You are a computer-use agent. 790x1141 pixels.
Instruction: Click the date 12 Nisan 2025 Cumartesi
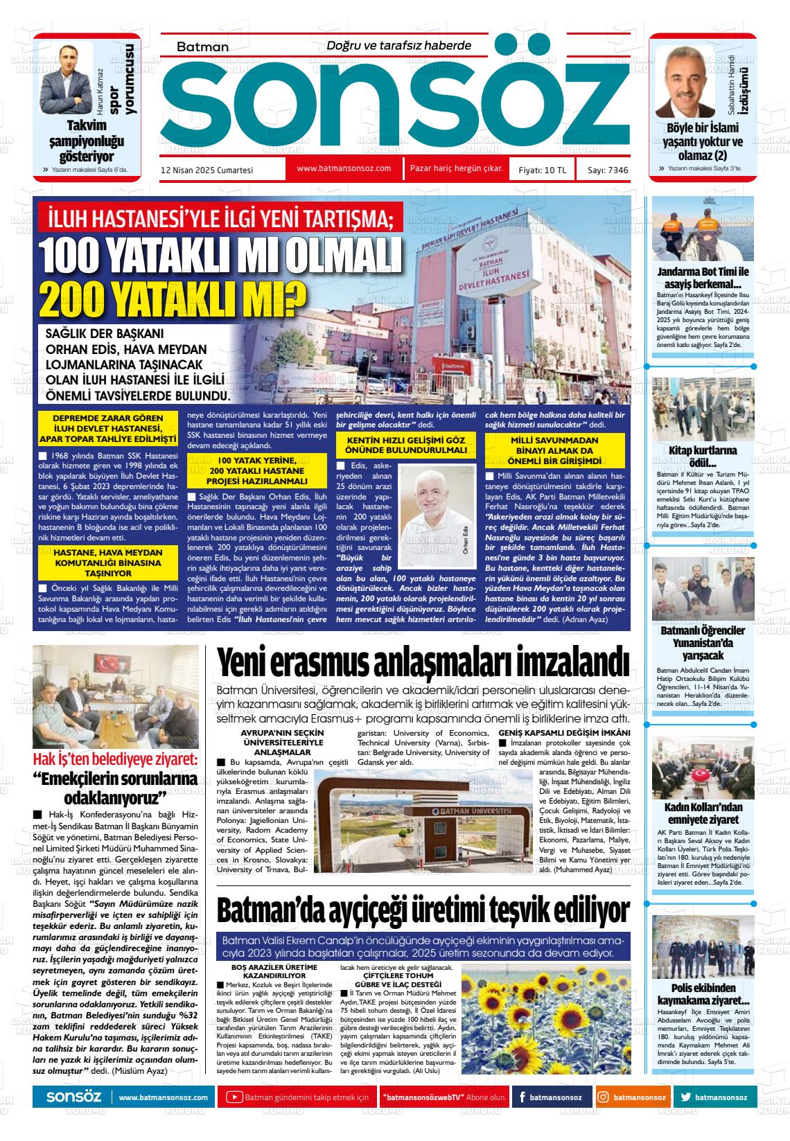[207, 170]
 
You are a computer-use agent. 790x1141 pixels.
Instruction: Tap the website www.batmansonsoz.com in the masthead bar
[344, 168]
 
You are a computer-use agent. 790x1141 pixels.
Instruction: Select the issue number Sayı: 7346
[608, 170]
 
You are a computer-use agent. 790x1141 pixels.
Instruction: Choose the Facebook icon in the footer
[521, 1097]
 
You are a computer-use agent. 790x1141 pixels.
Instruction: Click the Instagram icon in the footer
[604, 1097]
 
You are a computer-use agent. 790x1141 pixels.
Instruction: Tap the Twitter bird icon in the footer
[686, 1097]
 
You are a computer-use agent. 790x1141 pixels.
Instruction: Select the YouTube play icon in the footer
[234, 1097]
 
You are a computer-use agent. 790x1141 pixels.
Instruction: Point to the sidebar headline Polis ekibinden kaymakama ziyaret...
[703, 994]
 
